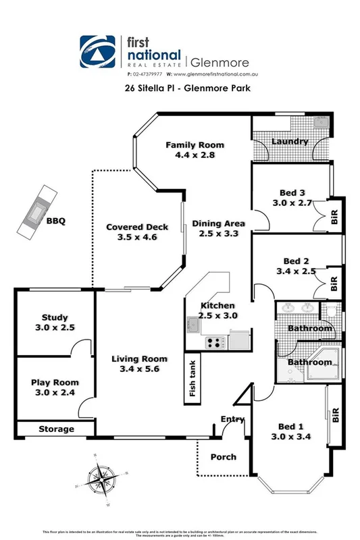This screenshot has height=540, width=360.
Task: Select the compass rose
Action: point(103,481)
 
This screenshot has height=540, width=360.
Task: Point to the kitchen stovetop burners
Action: point(214,342)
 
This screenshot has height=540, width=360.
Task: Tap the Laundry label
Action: point(290,142)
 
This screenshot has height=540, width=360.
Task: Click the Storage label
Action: point(55,429)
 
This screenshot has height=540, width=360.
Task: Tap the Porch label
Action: point(223,457)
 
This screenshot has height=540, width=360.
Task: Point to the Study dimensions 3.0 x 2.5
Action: point(55,327)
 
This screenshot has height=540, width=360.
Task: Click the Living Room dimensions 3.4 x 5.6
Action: point(138,369)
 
